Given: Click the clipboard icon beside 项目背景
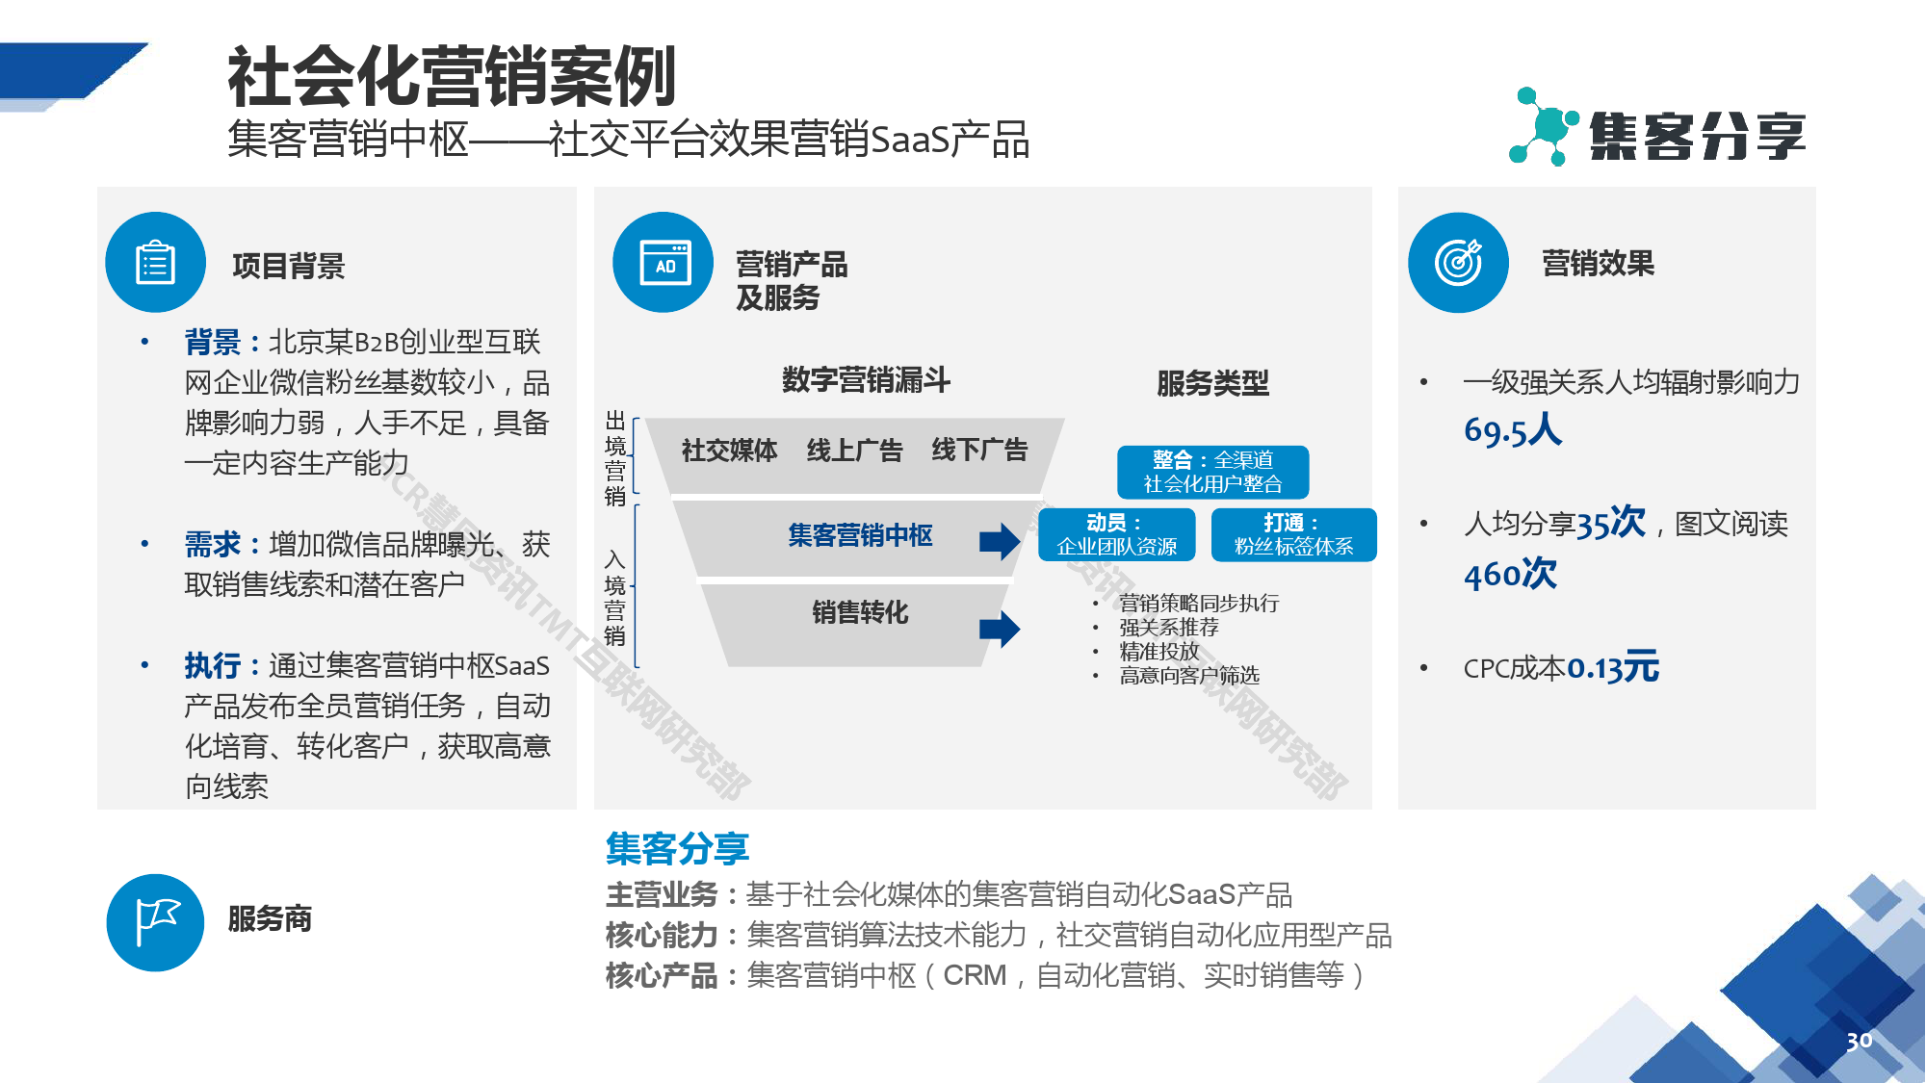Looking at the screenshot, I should (x=155, y=263).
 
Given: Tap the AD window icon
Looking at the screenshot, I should (x=664, y=263).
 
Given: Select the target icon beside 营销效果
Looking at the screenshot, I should (x=1458, y=263).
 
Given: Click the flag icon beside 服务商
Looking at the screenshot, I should (x=156, y=922).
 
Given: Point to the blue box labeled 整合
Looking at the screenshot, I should (x=1212, y=472).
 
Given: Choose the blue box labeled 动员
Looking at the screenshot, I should (x=1116, y=534).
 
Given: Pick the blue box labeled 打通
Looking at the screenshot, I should (x=1293, y=534).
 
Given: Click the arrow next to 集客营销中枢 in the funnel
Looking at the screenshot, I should (x=1000, y=541).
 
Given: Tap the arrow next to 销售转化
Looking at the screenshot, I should (x=1000, y=630).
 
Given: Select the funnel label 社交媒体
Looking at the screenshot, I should (x=729, y=451).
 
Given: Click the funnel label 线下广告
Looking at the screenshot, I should (x=979, y=451).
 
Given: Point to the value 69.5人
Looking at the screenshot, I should (x=1513, y=430).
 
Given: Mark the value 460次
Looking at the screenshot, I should (x=1510, y=575).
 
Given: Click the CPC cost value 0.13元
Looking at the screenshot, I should (x=1613, y=667).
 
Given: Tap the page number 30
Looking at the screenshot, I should (x=1859, y=1041).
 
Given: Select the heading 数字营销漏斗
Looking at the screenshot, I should (x=866, y=380).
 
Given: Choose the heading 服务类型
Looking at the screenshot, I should (x=1212, y=384).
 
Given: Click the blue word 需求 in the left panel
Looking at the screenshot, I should (x=213, y=545).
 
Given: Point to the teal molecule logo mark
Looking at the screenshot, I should (x=1543, y=127).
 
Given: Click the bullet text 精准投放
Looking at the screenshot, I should (x=1158, y=652).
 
